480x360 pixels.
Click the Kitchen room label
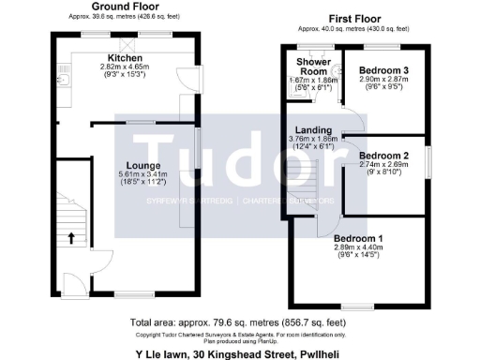[x=124, y=58]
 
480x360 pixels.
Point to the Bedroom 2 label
[x=383, y=155]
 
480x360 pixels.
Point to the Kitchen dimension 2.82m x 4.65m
[x=125, y=67]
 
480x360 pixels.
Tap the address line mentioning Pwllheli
[x=240, y=353]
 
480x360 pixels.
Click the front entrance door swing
[x=74, y=282]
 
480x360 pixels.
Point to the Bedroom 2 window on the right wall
[x=429, y=160]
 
